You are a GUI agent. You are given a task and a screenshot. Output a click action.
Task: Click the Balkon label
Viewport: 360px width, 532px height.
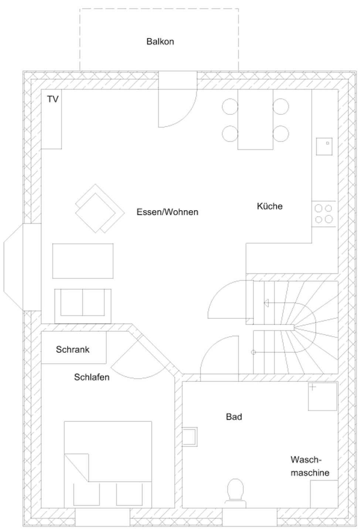pos(160,41)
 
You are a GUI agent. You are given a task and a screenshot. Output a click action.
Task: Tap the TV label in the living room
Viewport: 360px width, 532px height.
pos(52,99)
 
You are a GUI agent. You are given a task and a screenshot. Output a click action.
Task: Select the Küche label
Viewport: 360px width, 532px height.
pos(270,206)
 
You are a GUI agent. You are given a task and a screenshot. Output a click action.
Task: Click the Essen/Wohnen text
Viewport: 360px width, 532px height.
pos(167,212)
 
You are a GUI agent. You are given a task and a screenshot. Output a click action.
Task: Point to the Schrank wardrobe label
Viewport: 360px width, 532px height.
pos(72,349)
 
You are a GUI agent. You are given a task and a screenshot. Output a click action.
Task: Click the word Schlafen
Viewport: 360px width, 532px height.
pos(92,377)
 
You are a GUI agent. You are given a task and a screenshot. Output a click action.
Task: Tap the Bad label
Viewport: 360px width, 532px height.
pos(234,417)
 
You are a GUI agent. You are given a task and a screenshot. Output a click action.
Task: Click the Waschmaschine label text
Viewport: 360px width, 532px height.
pos(310,466)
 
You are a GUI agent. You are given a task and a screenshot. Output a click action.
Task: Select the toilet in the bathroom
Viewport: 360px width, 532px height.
pos(235,493)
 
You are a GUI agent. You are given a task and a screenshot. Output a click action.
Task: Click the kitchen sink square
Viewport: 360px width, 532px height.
pos(324,147)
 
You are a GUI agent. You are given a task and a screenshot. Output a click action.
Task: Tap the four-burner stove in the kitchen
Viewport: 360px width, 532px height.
pos(324,214)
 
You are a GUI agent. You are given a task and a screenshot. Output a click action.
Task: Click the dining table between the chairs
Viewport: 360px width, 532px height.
pos(255,119)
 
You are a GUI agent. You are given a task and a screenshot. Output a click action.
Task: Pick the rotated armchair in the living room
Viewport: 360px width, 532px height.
pos(100,208)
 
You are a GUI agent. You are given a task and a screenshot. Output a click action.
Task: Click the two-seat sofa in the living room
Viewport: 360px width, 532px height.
pos(83,306)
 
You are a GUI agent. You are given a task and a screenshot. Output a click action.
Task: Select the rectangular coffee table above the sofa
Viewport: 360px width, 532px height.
pos(83,261)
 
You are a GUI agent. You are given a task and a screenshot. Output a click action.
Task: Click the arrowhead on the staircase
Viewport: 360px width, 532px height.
pos(266,303)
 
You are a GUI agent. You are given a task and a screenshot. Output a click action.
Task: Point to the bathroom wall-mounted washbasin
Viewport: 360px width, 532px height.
pos(190,437)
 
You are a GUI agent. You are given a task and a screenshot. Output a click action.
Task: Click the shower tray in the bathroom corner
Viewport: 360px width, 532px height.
pos(322,396)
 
